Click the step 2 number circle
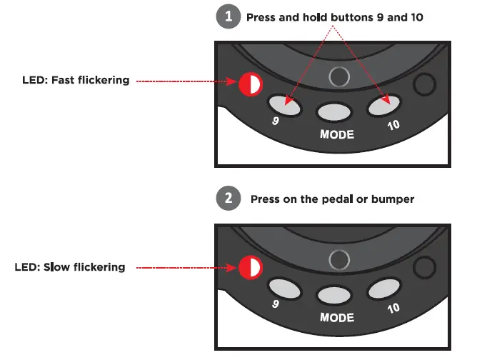click(x=228, y=199)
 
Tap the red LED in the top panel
click(x=249, y=84)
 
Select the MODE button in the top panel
click(x=336, y=112)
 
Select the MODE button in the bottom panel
click(x=336, y=294)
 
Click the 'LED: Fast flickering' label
click(x=76, y=81)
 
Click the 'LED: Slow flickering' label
click(x=70, y=267)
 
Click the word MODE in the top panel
click(x=337, y=134)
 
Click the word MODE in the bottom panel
click(x=337, y=316)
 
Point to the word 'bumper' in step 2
click(x=395, y=199)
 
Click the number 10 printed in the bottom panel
click(x=394, y=309)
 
